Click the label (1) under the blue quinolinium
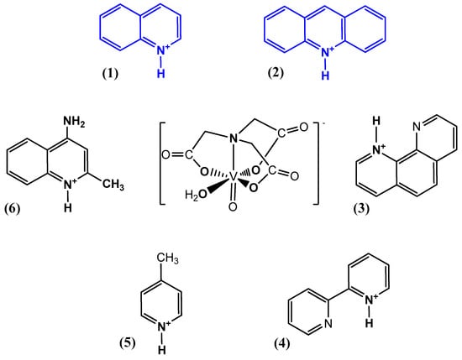[110, 73]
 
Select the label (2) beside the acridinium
[276, 72]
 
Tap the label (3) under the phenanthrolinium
[361, 209]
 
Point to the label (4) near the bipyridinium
[282, 343]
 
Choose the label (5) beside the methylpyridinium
[128, 343]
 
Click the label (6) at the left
[13, 209]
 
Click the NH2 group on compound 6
[74, 122]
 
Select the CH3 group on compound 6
[113, 185]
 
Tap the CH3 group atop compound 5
[167, 258]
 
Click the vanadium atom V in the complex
[233, 176]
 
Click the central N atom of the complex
[233, 138]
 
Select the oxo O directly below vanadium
[233, 206]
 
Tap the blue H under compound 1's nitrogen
[161, 73]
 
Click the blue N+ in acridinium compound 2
[327, 52]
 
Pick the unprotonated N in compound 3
[417, 127]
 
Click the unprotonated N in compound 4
[328, 323]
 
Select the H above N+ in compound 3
[376, 120]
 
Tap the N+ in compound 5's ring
[164, 326]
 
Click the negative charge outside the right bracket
[323, 123]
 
